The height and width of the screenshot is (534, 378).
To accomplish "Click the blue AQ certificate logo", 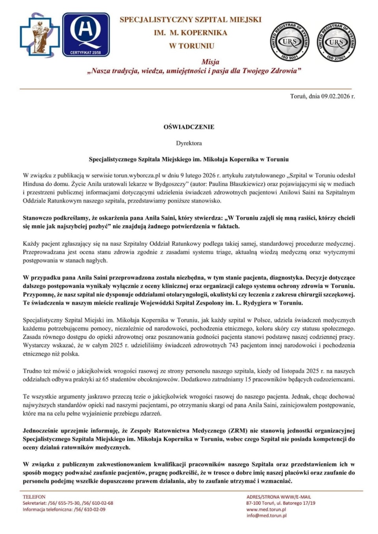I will [x=86, y=35].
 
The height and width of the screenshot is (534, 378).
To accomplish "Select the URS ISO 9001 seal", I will [x=289, y=41].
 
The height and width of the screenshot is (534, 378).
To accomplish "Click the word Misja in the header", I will [x=210, y=62].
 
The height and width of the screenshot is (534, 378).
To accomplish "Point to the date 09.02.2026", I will [x=338, y=96].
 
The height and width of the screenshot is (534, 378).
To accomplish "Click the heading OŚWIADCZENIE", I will [x=189, y=127].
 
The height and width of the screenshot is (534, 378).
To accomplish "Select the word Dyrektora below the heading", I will [x=189, y=143].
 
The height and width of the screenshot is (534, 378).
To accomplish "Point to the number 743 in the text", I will [x=233, y=345].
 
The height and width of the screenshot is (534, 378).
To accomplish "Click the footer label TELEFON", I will [x=34, y=497].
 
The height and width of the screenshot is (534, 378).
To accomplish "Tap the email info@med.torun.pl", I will [x=267, y=516].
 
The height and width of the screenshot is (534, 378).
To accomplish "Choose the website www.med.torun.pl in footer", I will [x=266, y=509].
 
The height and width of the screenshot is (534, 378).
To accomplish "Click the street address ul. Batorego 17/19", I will [x=296, y=503].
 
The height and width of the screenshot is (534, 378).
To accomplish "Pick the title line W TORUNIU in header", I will [x=192, y=46].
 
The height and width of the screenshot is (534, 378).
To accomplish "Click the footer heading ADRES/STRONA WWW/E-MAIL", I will [x=279, y=497].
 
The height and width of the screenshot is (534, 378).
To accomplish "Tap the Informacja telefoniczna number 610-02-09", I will [x=94, y=509].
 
